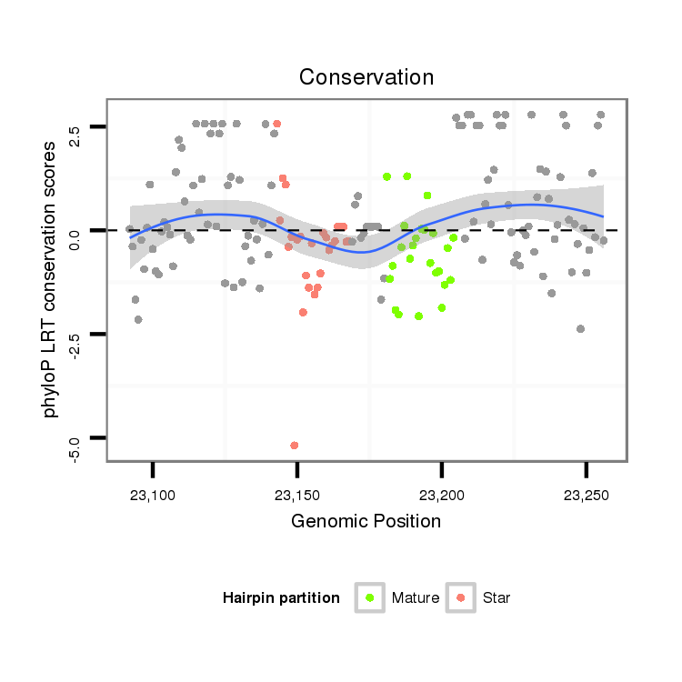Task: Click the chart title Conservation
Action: [366, 77]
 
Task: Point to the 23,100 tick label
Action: [153, 496]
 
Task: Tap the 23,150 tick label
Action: [297, 496]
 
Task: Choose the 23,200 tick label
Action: [442, 496]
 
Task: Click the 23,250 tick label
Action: [586, 496]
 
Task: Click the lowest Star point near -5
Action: [294, 446]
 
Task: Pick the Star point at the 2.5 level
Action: [276, 124]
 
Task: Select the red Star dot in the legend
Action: [461, 597]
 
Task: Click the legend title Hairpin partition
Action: [281, 598]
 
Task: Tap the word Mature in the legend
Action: [415, 598]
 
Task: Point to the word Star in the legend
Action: [496, 598]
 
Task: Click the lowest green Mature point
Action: [418, 316]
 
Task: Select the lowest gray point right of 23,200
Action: [580, 329]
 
